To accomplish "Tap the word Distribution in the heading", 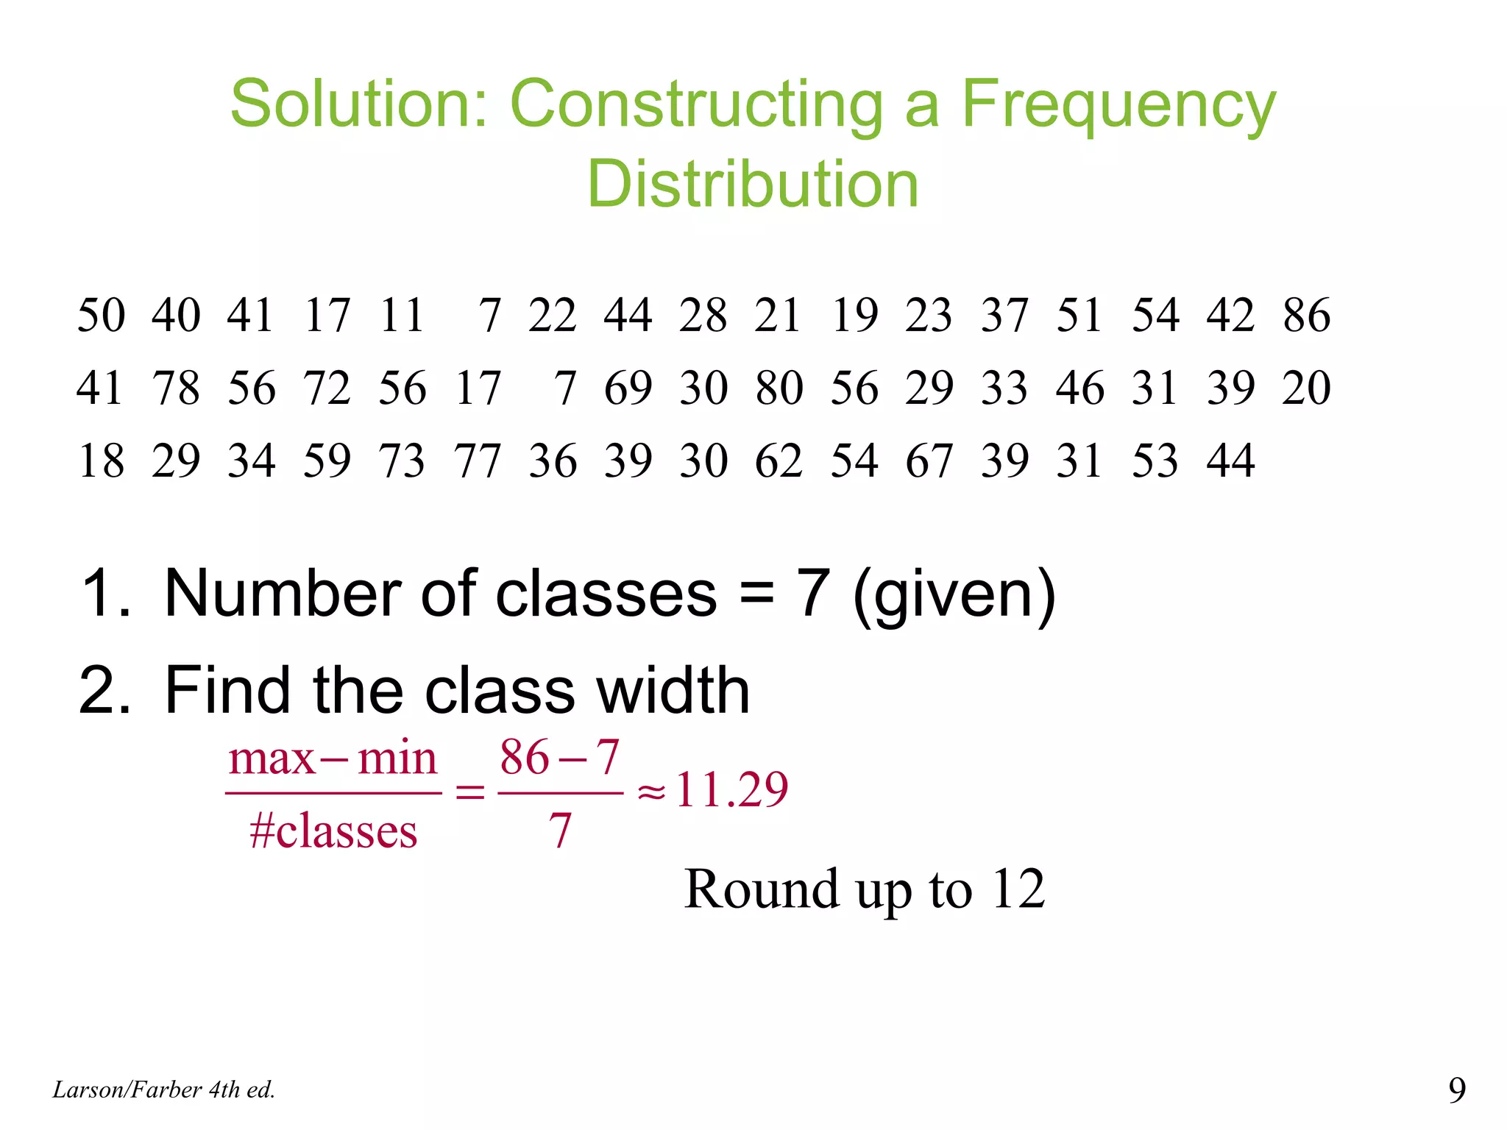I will [753, 184].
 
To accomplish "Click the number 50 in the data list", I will [102, 315].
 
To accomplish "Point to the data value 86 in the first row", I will [1307, 315].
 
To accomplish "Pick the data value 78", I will [177, 388].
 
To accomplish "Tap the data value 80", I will [779, 388].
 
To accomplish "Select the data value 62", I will [779, 461].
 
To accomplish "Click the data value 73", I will [402, 461].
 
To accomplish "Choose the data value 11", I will [402, 315].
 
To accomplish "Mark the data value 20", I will [1307, 388].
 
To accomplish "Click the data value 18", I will [102, 461].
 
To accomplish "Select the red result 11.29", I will [731, 789].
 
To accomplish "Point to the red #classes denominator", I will [333, 831].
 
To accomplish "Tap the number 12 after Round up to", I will [1018, 889].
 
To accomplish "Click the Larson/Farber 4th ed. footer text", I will [164, 1090].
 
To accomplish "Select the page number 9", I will [1457, 1090].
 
